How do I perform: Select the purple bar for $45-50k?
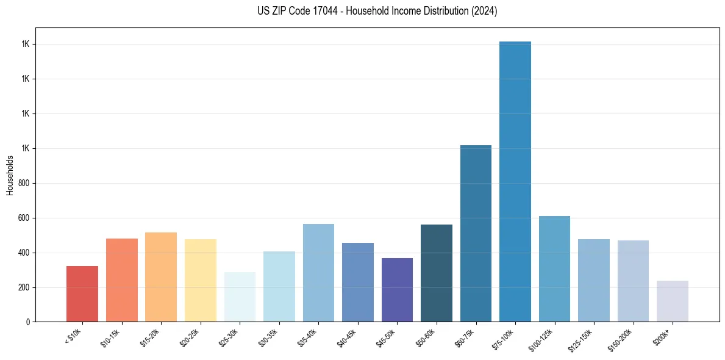(x=397, y=290)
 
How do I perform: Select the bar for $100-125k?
(x=554, y=269)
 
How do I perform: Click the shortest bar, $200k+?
(x=672, y=301)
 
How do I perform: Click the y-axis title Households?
(x=10, y=175)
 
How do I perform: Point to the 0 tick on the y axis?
(x=28, y=322)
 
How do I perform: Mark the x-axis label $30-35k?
(x=268, y=338)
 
